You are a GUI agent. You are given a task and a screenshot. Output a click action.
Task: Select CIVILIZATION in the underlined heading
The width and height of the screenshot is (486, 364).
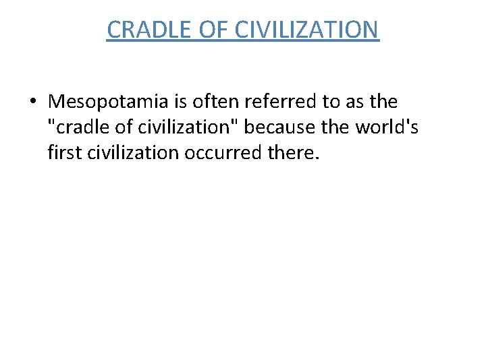[x=308, y=30]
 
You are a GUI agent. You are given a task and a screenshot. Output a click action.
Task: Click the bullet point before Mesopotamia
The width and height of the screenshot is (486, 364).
[x=32, y=102]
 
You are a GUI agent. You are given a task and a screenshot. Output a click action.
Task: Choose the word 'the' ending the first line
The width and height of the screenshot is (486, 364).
[x=383, y=102]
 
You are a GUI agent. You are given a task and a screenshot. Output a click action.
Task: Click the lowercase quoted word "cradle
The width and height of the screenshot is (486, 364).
[x=75, y=127]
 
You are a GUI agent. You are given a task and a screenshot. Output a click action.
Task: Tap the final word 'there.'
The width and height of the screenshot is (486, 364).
[x=291, y=153]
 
